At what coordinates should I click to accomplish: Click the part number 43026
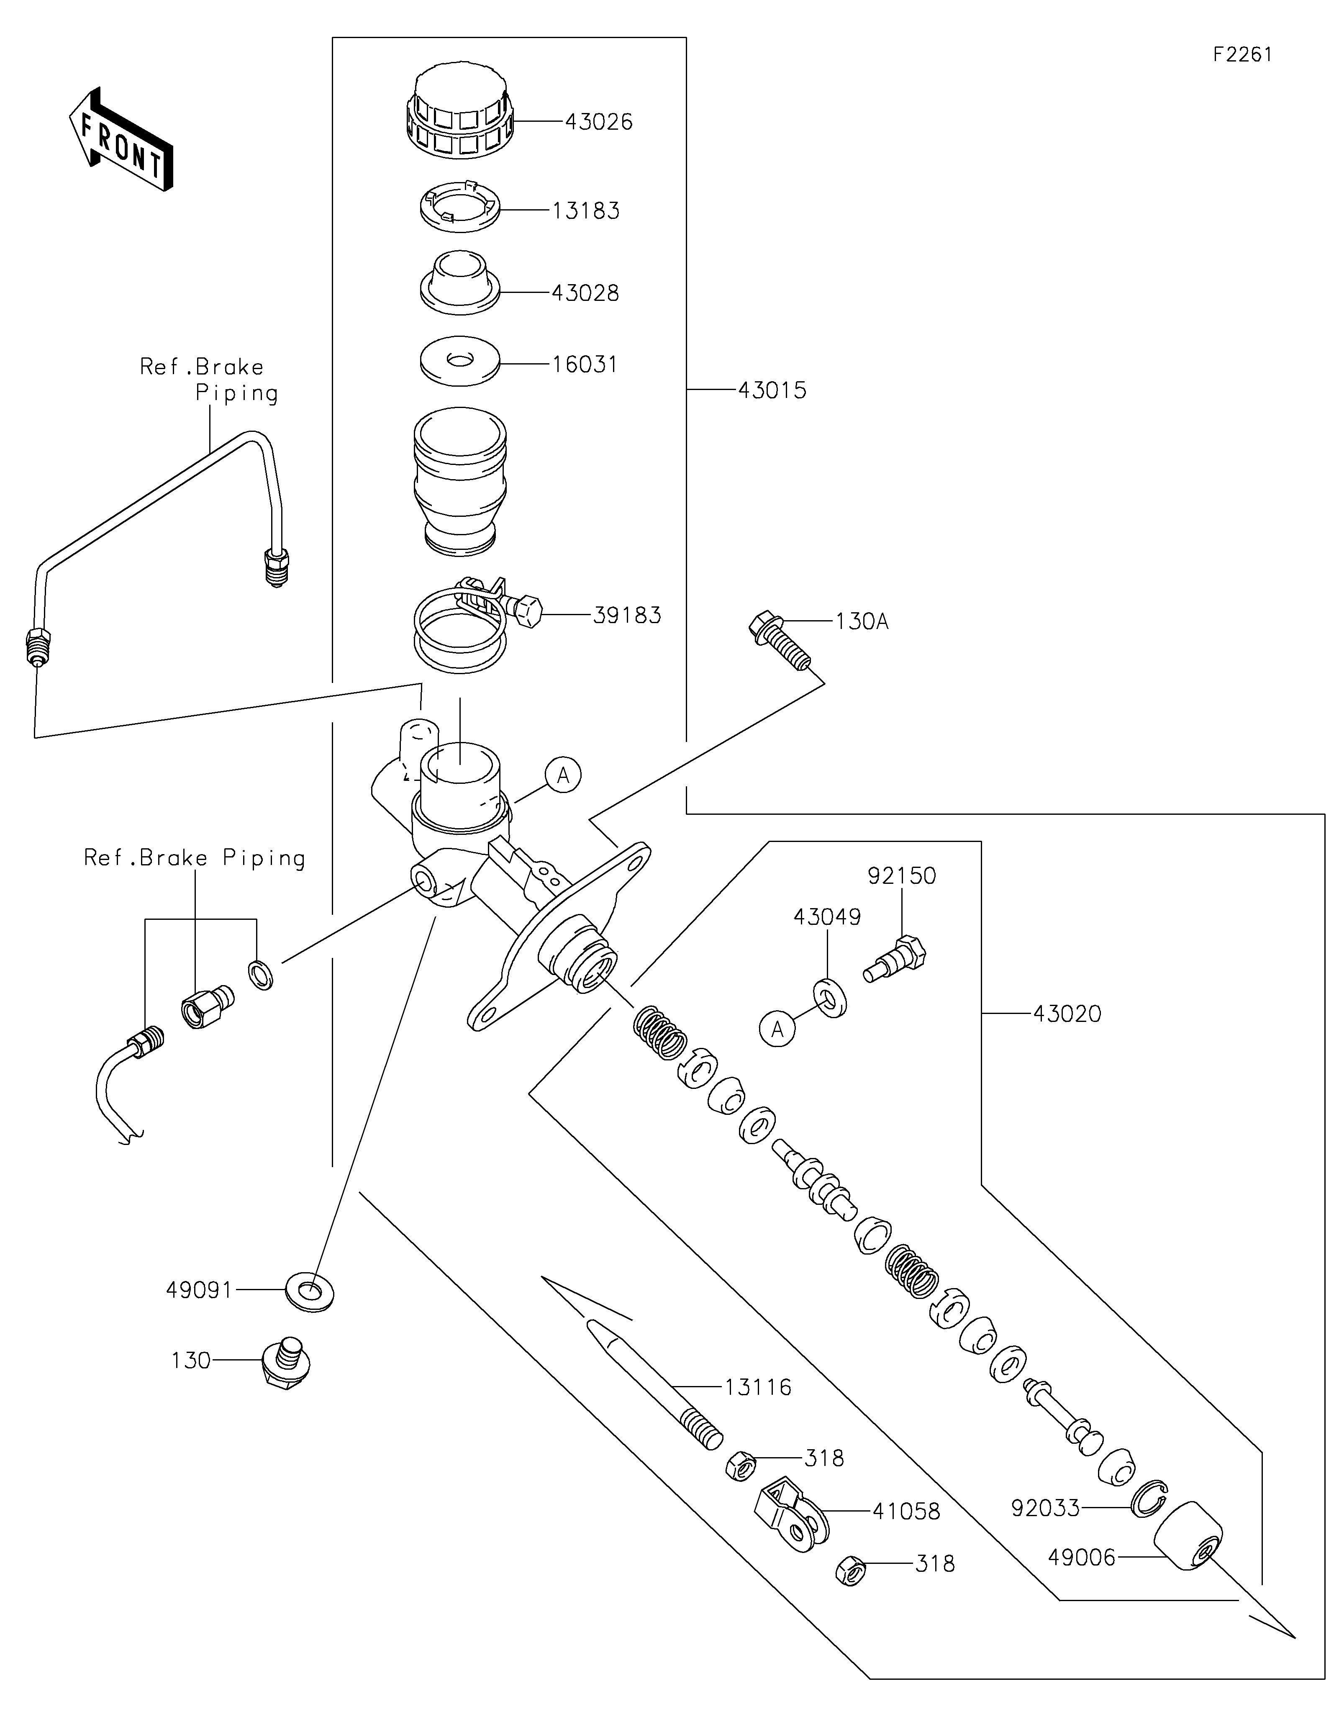599,122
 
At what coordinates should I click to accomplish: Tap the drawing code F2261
1242,55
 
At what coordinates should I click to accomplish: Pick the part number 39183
627,616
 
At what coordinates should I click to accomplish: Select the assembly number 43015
772,390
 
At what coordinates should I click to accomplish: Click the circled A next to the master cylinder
563,775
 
